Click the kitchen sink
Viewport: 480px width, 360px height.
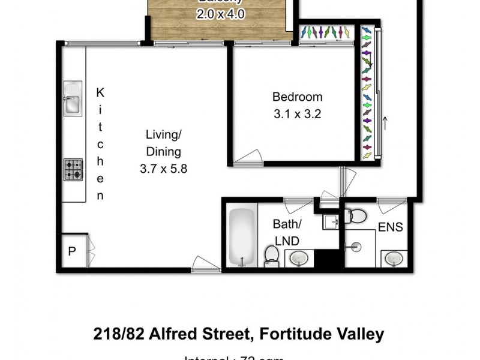73,103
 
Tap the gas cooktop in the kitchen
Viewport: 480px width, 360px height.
73,169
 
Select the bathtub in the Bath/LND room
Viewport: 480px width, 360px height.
241,236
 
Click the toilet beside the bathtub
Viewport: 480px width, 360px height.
272,255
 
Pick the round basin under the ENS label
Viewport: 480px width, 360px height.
393,258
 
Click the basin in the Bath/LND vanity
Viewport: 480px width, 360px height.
298,259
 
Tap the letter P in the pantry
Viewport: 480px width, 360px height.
72,251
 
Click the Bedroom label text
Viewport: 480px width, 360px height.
297,97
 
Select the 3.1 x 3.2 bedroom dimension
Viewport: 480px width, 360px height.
297,113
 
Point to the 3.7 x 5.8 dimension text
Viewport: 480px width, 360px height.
163,169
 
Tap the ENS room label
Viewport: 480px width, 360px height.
391,227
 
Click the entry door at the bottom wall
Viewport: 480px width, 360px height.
205,264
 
